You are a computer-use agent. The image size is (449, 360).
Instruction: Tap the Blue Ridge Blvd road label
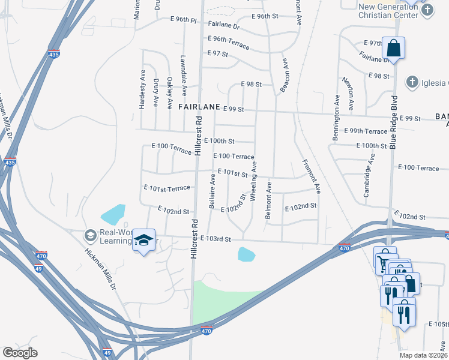click(394, 122)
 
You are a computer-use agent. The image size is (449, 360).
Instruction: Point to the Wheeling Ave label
click(254, 181)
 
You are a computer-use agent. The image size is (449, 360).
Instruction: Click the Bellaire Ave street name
click(212, 191)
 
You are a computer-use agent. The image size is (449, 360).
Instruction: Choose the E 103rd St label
click(216, 239)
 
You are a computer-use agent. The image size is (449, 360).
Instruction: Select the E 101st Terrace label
click(167, 188)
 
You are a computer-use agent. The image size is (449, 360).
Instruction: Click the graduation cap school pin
click(144, 240)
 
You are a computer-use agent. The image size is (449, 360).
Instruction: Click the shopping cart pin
click(382, 262)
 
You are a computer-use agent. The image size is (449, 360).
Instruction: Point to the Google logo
click(20, 353)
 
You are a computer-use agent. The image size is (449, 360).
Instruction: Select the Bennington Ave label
click(336, 118)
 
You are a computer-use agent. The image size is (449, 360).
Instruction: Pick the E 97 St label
click(218, 54)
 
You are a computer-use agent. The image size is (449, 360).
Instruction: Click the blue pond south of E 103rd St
click(246, 254)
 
